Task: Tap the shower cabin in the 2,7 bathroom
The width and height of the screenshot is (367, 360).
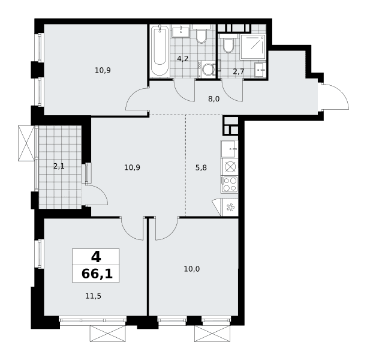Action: coord(253,47)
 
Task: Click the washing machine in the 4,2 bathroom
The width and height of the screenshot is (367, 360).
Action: coord(206,70)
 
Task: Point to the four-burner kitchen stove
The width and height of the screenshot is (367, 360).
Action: coord(229,184)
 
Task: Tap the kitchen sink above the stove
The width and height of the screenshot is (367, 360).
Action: coord(229,149)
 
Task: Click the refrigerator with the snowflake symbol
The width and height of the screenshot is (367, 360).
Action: coord(229,208)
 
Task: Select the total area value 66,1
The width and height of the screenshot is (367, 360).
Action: coord(97,274)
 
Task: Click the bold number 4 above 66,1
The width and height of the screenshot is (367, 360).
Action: coord(96,257)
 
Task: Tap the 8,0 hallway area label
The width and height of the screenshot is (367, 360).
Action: coord(214,99)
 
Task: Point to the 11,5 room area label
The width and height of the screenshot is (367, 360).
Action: coord(93,296)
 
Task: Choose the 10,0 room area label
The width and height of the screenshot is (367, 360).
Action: coord(192,269)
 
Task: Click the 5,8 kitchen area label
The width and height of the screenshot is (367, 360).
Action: coord(201,168)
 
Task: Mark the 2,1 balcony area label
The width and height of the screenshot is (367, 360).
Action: coord(59,166)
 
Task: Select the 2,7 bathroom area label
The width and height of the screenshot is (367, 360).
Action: coord(239,71)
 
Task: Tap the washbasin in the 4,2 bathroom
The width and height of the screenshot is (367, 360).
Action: coord(181,31)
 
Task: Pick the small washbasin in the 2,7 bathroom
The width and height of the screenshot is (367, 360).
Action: coord(260,70)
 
